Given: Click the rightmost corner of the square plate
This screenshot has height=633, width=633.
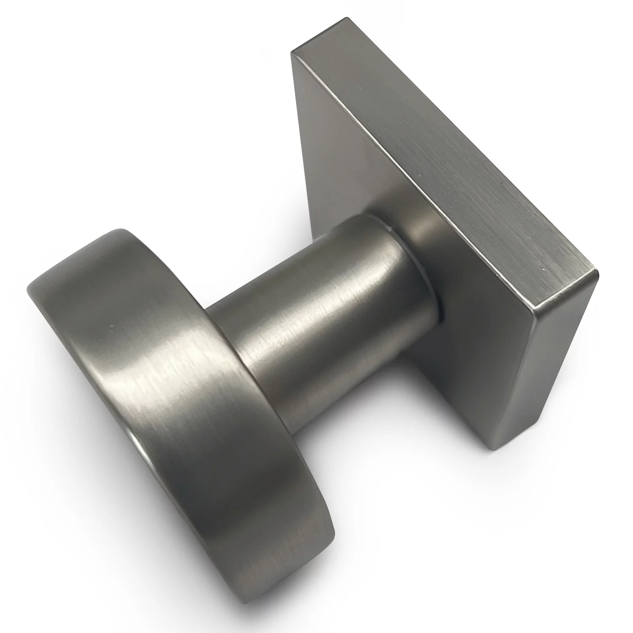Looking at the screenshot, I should tap(598, 270).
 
